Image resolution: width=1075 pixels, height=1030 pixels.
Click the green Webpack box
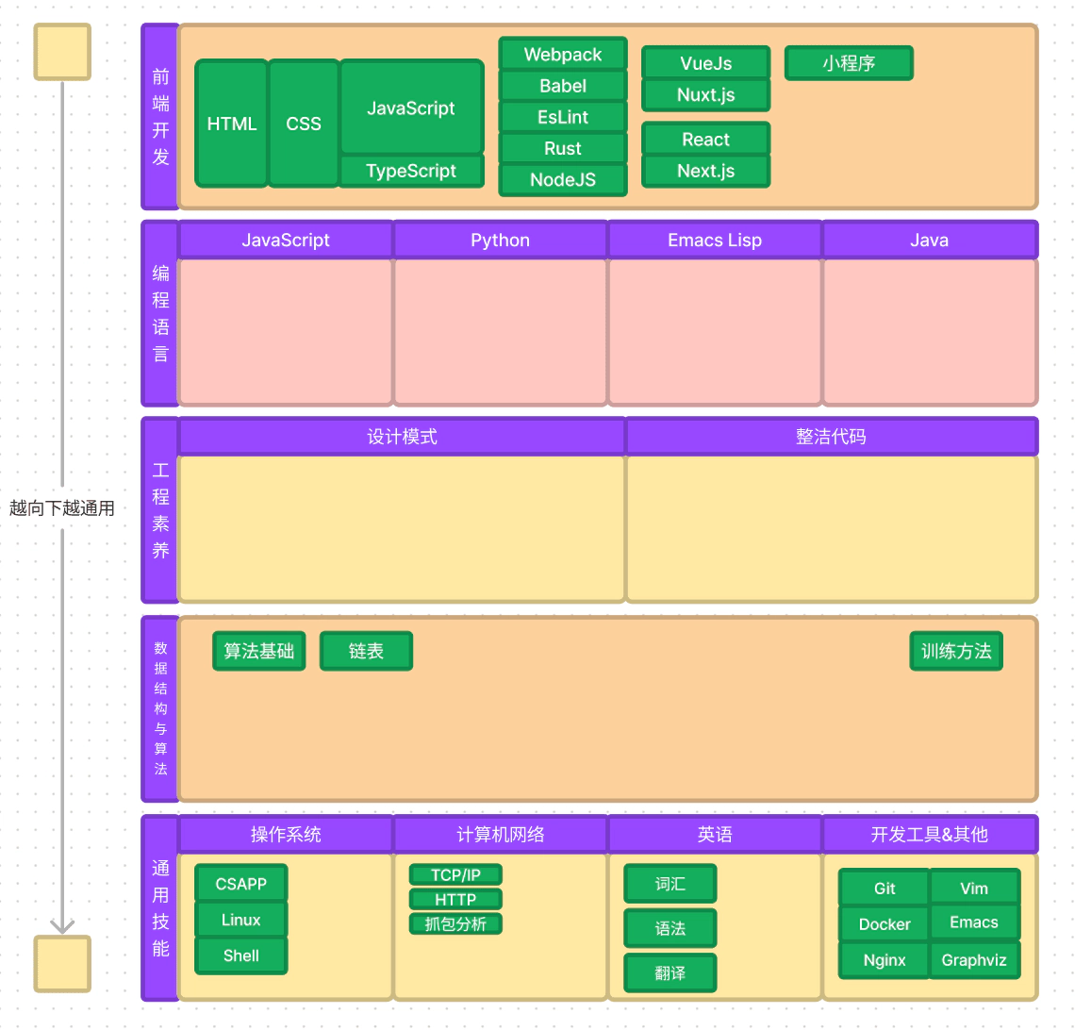pos(563,54)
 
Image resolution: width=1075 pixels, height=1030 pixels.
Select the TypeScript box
pos(411,171)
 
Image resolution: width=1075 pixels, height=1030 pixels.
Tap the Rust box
pos(563,148)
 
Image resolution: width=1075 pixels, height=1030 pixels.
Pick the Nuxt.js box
pos(706,94)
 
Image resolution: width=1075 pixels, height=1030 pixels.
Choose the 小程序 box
pos(849,63)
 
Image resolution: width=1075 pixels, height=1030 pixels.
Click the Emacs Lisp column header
pos(715,240)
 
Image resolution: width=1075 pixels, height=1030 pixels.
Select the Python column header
pos(501,240)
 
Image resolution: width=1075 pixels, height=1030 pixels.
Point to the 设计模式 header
pos(402,437)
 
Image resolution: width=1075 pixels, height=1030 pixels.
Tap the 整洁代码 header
pos(832,437)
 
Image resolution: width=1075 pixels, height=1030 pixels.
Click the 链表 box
pos(366,651)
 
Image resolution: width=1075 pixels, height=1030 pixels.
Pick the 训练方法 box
pos(956,651)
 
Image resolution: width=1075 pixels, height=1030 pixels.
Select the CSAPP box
pos(241,883)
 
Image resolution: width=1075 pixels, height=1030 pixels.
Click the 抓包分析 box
pos(455,923)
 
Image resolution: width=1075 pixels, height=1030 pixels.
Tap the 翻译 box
pos(670,972)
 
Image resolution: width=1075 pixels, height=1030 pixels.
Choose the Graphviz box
pos(974,960)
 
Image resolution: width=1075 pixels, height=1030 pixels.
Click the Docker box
pos(885,923)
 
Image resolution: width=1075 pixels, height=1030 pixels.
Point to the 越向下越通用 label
pos(61,508)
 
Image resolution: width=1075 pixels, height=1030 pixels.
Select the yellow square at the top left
pos(62,52)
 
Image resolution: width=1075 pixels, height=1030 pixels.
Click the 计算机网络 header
pos(501,834)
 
